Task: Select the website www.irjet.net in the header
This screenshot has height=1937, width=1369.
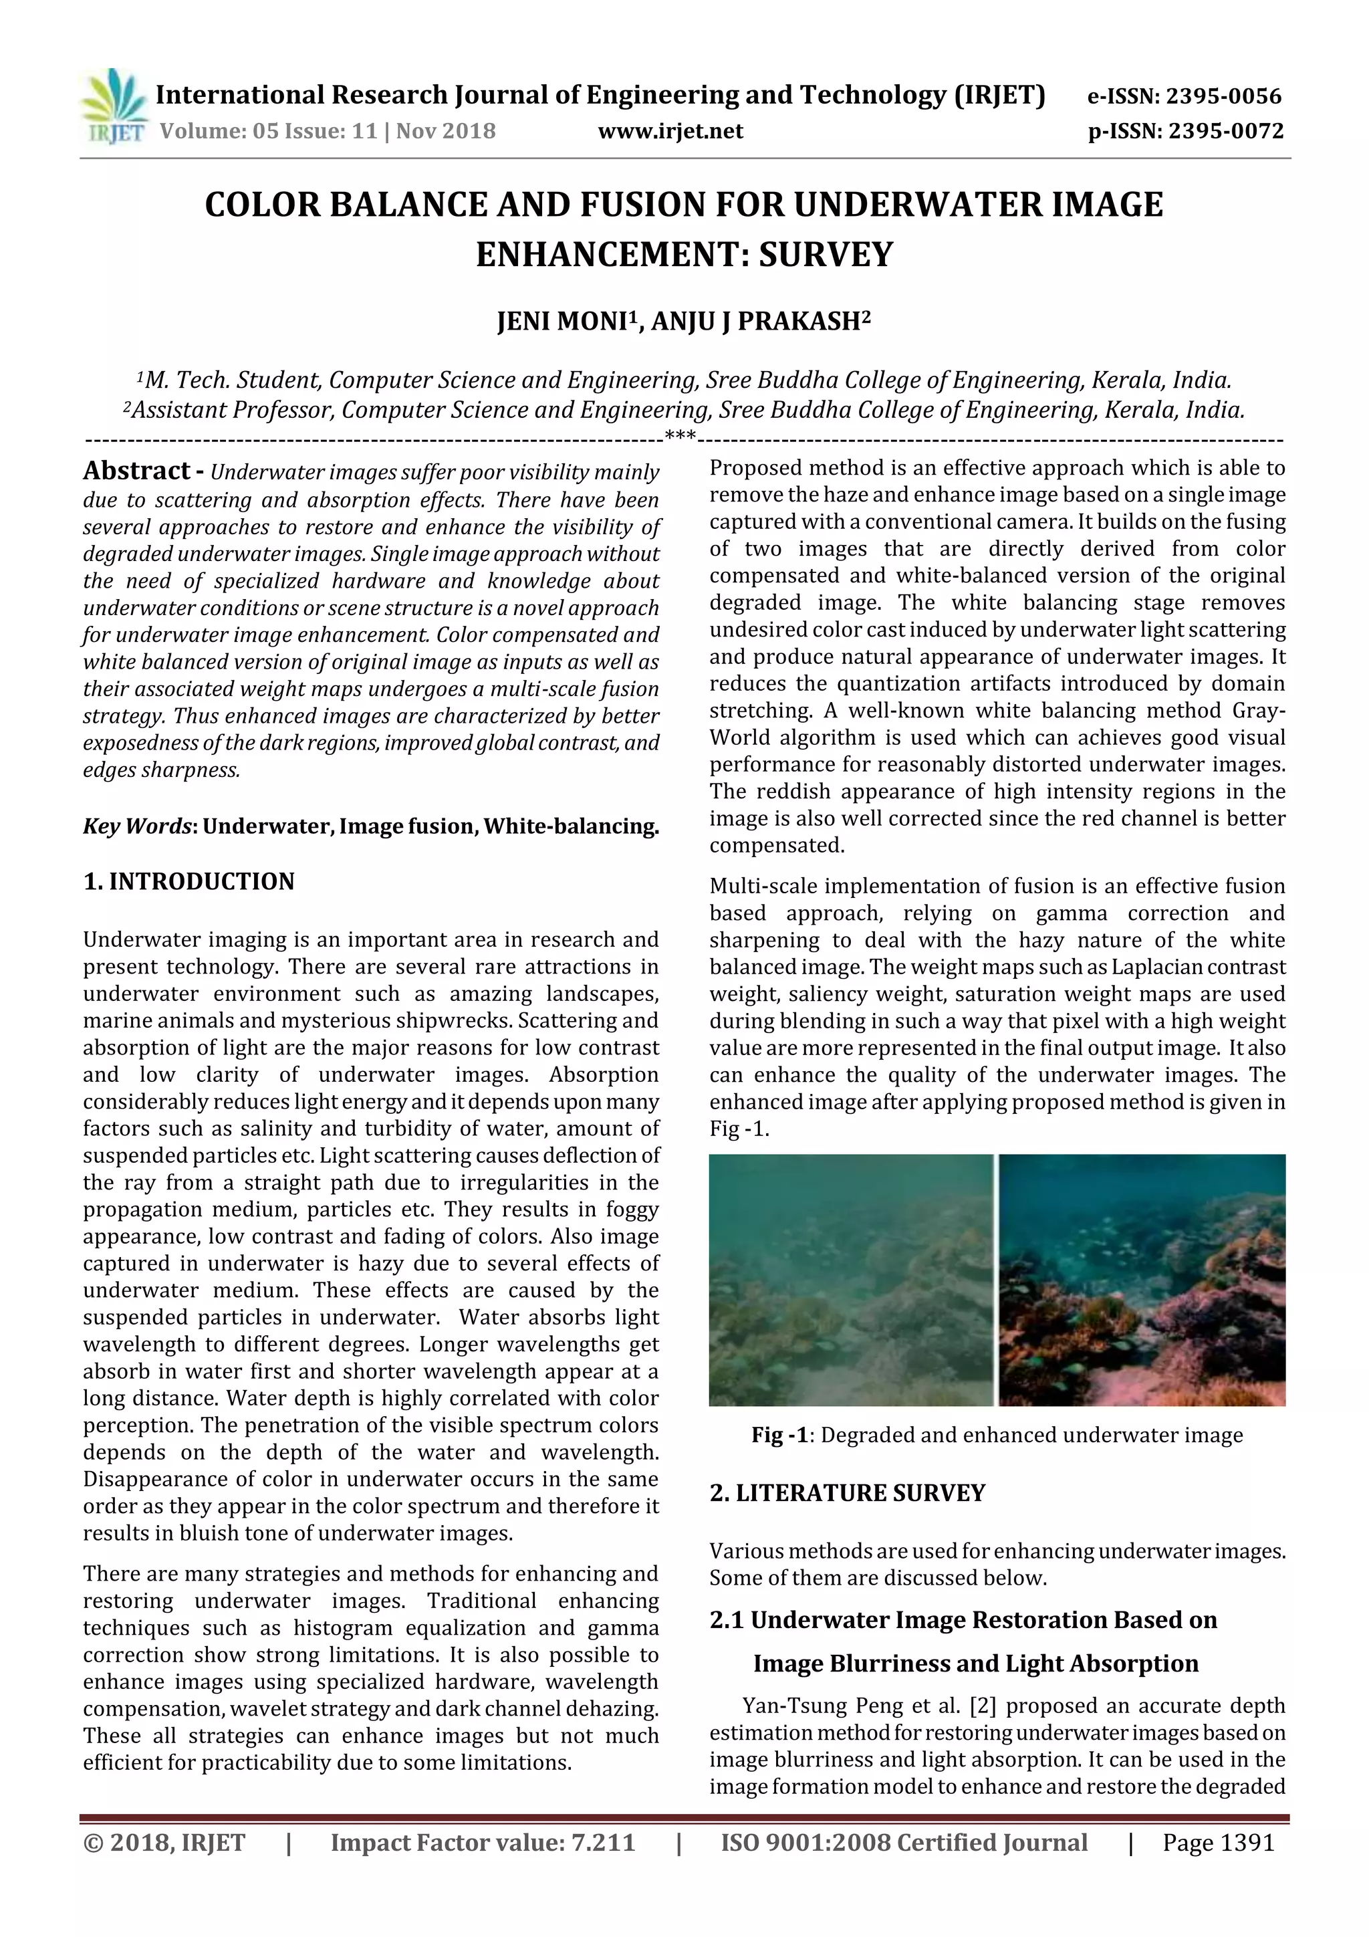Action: pyautogui.click(x=670, y=132)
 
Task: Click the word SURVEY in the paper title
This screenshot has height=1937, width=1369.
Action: pyautogui.click(x=825, y=255)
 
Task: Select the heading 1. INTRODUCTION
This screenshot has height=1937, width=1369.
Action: pyautogui.click(x=189, y=882)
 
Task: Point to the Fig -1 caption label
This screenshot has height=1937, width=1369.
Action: pyautogui.click(x=780, y=1435)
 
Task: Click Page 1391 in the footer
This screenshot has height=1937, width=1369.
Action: pyautogui.click(x=1218, y=1843)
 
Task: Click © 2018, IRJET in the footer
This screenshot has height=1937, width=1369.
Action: pyautogui.click(x=164, y=1843)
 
